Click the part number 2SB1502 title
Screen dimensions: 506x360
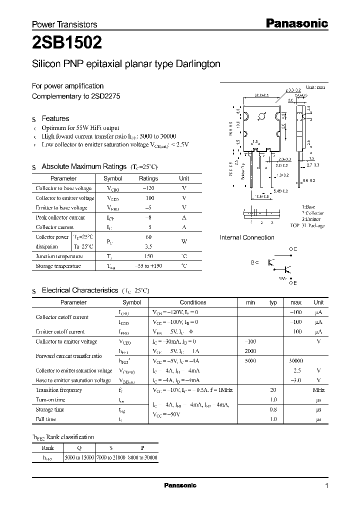click(x=67, y=43)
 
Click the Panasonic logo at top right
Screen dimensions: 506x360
click(x=296, y=23)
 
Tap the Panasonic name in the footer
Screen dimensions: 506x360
click(x=180, y=485)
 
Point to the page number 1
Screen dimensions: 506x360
click(x=326, y=486)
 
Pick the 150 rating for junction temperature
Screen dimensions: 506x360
click(x=148, y=256)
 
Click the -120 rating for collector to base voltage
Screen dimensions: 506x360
click(x=148, y=188)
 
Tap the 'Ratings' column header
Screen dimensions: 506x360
click(x=148, y=178)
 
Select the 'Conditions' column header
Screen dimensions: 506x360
click(x=193, y=302)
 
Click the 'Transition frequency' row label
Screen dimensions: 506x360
click(x=59, y=389)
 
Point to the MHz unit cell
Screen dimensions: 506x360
click(x=318, y=389)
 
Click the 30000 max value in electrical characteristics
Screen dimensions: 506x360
click(x=296, y=360)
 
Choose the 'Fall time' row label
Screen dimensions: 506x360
click(x=45, y=419)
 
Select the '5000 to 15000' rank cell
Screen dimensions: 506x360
click(x=79, y=457)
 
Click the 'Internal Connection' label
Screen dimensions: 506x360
click(x=247, y=237)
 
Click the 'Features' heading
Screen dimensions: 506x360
click(x=55, y=118)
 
